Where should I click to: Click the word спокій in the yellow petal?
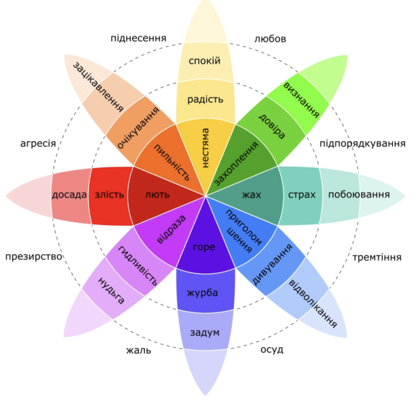[205, 61]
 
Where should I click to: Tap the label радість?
[205, 99]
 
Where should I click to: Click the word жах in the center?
[251, 195]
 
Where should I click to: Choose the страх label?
[302, 195]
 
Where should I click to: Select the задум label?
[204, 333]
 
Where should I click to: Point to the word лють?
[157, 195]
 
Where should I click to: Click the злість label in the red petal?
[109, 195]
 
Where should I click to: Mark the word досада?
[69, 195]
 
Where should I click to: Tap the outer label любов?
[270, 39]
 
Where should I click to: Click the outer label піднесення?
[138, 38]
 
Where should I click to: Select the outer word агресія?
[38, 144]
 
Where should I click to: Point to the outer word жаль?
[138, 350]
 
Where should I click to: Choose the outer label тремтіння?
[377, 257]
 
